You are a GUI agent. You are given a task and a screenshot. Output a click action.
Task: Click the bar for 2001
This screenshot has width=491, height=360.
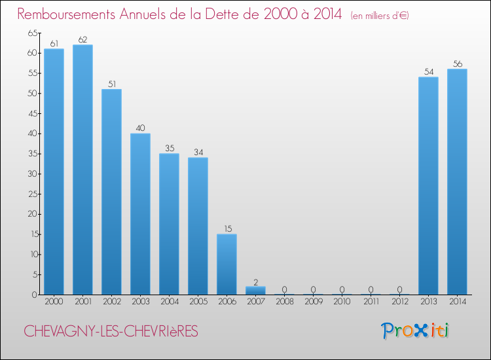(82, 170)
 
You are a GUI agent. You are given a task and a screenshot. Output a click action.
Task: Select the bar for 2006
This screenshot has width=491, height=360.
(227, 264)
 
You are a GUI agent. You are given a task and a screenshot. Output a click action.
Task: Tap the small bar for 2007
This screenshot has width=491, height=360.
(255, 290)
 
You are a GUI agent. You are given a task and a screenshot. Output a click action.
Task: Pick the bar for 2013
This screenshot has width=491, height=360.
(428, 186)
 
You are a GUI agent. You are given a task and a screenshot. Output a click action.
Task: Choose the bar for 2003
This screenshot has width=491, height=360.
(140, 214)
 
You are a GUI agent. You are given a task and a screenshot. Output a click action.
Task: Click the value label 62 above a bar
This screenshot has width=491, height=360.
(82, 39)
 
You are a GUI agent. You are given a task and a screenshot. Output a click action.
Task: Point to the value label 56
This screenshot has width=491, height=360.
(457, 63)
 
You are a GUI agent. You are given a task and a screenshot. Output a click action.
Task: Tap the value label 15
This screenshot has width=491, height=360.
(227, 228)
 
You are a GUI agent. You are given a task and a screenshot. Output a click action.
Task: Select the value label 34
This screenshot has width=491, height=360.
(198, 153)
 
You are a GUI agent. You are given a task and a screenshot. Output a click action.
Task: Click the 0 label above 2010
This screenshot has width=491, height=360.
(342, 289)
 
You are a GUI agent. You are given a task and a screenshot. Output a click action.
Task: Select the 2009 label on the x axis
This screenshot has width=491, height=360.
(313, 302)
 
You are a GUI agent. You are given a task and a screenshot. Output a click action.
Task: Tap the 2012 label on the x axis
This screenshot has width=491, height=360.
(399, 302)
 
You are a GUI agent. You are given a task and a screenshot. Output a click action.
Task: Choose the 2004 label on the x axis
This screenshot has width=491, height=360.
(169, 302)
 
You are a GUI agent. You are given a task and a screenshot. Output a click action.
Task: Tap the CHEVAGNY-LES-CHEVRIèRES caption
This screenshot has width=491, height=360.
(111, 331)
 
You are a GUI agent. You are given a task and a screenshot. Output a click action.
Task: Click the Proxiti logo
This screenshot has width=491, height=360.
(415, 331)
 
